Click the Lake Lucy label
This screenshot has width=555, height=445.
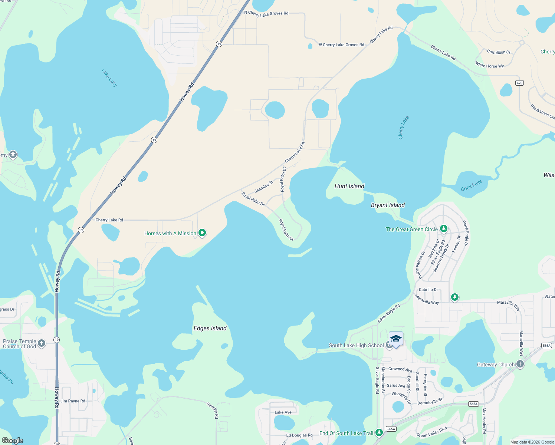point(109,78)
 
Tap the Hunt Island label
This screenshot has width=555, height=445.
point(349,186)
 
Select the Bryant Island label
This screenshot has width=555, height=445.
point(388,205)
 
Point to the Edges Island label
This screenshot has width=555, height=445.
point(210,328)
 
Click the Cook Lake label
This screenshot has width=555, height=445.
point(471,185)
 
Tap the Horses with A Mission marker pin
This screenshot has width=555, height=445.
point(202,233)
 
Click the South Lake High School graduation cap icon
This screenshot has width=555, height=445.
point(396,339)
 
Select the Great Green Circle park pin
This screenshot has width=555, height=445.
point(443,229)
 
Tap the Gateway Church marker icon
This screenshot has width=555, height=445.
point(520,364)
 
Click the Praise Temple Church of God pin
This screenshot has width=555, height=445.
point(42,343)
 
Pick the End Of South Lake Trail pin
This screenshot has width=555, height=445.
point(379,433)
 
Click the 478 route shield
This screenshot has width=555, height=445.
point(519,83)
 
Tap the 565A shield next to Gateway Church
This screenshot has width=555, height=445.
point(546,345)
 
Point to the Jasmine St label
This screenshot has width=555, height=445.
point(264,187)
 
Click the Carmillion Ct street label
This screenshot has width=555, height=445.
point(499,52)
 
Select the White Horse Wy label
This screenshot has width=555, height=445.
point(489,65)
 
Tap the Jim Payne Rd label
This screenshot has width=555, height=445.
point(73,401)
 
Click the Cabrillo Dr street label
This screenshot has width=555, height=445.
point(428,290)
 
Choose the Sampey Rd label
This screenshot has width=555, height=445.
point(213,411)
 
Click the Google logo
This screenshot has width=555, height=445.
point(13,440)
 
